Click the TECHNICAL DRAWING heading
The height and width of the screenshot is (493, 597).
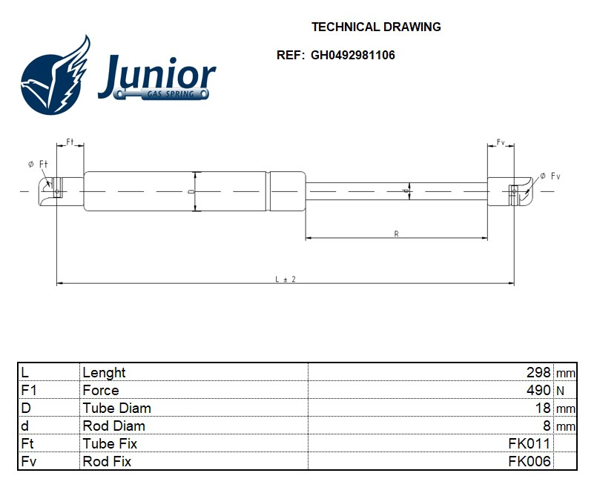click(376, 27)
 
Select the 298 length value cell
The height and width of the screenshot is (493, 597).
click(538, 372)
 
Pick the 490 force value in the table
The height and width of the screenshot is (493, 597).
click(538, 390)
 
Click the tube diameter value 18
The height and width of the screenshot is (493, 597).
click(543, 408)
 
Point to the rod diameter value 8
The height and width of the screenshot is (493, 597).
click(547, 426)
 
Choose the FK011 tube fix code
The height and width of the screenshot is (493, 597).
click(529, 443)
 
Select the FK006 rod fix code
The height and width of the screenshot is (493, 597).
click(529, 461)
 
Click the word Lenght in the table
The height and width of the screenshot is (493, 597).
click(104, 372)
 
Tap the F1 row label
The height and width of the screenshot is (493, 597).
click(29, 390)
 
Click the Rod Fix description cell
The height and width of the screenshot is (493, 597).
click(107, 461)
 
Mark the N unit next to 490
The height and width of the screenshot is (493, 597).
click(561, 390)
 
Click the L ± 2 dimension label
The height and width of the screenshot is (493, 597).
click(286, 279)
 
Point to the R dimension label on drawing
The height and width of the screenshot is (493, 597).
click(397, 234)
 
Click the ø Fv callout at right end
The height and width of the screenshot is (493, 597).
click(550, 176)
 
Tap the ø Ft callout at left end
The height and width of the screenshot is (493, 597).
click(38, 163)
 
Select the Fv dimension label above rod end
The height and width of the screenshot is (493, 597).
click(501, 142)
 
